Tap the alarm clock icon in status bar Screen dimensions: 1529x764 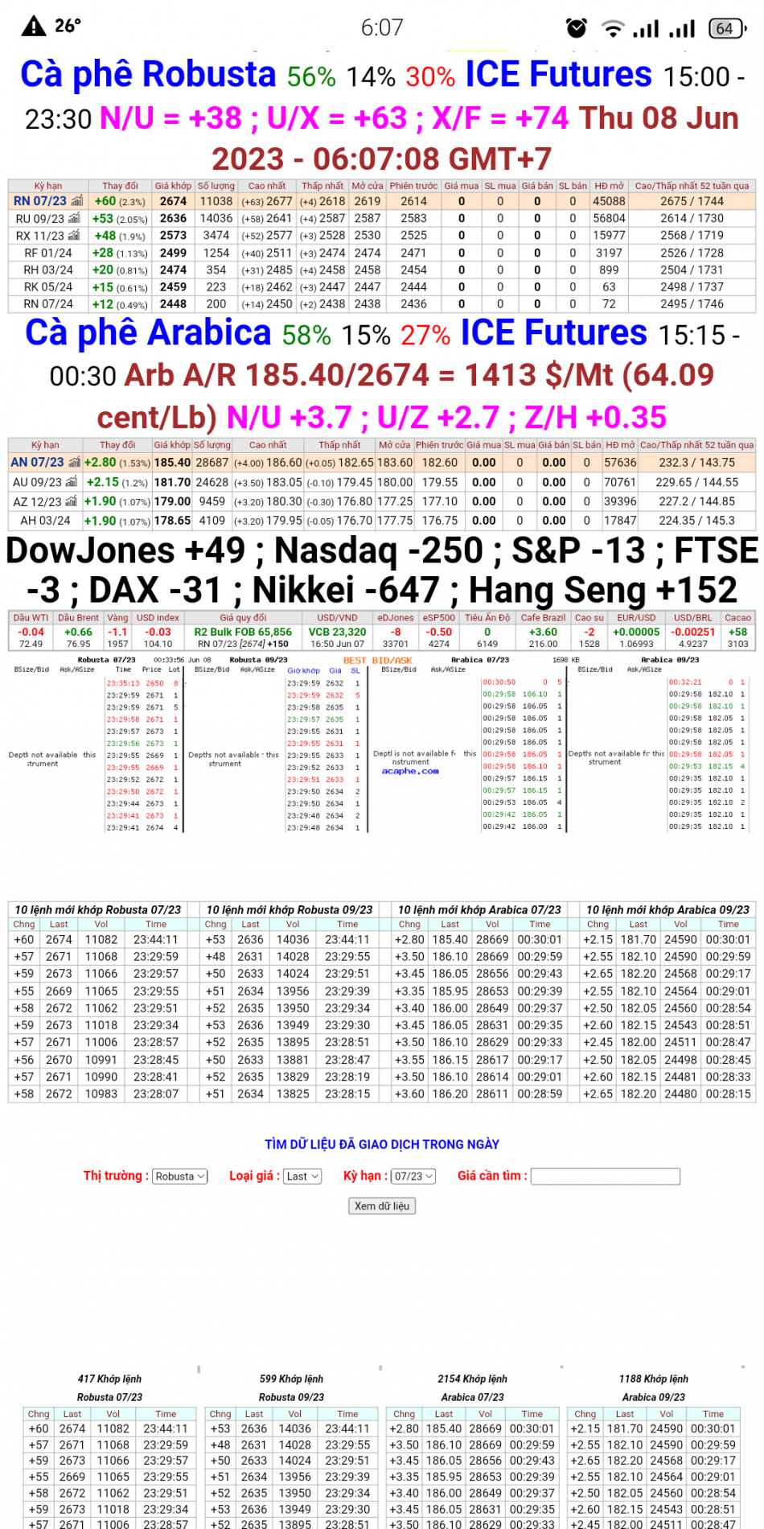click(577, 28)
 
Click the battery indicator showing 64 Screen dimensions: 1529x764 click(726, 28)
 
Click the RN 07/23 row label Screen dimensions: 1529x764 click(40, 201)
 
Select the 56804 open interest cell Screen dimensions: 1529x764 click(609, 218)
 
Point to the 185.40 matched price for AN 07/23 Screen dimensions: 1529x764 click(172, 463)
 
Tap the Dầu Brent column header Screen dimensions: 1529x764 click(78, 618)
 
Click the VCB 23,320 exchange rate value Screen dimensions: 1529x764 click(337, 633)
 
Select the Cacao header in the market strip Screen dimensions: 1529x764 click(737, 618)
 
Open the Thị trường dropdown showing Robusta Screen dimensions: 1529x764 click(180, 1177)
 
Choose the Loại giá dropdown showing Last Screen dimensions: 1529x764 click(302, 1177)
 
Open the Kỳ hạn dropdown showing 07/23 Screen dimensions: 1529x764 click(413, 1177)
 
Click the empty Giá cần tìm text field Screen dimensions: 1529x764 click(606, 1177)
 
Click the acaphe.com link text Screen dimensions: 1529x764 click(410, 771)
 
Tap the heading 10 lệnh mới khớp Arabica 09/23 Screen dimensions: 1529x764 click(667, 909)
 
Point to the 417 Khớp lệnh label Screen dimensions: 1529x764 click(109, 1379)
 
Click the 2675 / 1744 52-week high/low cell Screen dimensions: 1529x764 click(692, 201)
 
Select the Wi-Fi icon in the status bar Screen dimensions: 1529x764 click(614, 29)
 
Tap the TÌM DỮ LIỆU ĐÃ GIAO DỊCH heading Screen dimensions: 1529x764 click(382, 1144)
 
